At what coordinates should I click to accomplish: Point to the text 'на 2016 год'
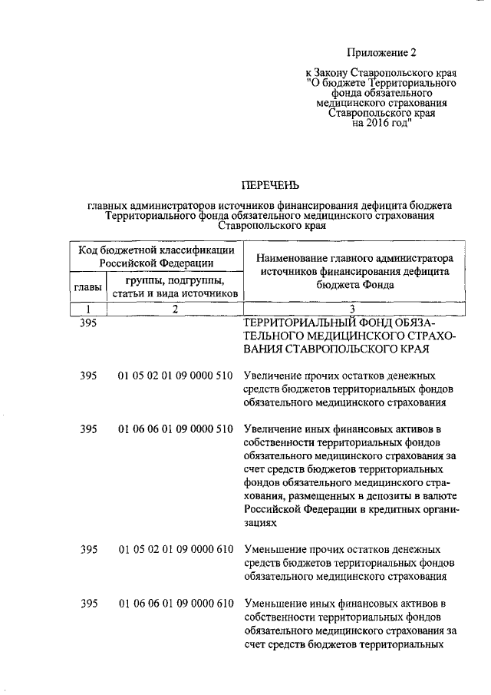[x=381, y=122]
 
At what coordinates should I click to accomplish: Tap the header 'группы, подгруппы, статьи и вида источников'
[x=175, y=286]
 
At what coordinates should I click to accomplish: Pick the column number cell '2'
[x=175, y=309]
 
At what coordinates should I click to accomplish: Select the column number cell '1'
[x=88, y=309]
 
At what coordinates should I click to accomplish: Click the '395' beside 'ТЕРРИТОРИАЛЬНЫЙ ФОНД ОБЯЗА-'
[x=88, y=323]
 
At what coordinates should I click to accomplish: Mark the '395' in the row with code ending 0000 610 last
[x=88, y=602]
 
